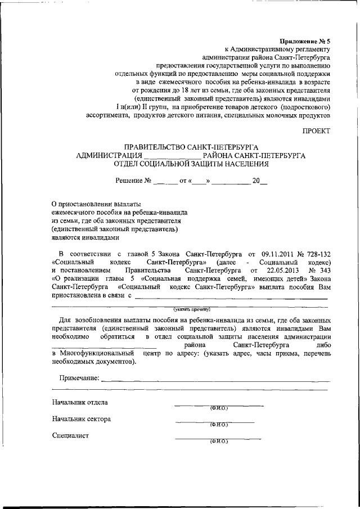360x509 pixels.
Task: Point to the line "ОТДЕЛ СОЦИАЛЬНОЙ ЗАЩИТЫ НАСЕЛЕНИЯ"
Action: (191, 165)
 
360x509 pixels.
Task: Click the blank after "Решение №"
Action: (164, 182)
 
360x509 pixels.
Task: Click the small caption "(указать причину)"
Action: (191, 309)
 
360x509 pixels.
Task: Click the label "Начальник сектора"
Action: (81, 419)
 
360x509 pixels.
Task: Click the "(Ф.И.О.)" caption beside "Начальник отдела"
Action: (218, 408)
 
